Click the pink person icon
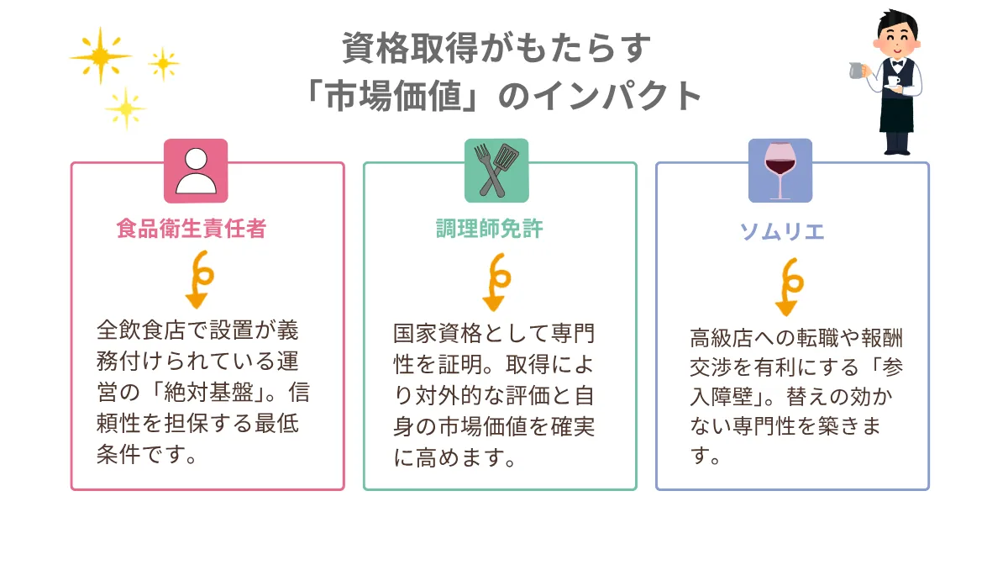pyautogui.click(x=196, y=171)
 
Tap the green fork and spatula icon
pyautogui.click(x=496, y=171)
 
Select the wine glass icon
pyautogui.click(x=780, y=171)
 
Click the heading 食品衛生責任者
pyautogui.click(x=192, y=229)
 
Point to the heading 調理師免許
pyautogui.click(x=490, y=229)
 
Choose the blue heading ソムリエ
pyautogui.click(x=782, y=231)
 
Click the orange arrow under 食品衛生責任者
pyautogui.click(x=199, y=279)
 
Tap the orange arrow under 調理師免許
pyautogui.click(x=496, y=282)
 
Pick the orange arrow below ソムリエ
pyautogui.click(x=789, y=287)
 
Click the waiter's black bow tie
pyautogui.click(x=898, y=64)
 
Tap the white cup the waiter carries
pyautogui.click(x=893, y=82)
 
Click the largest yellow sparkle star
pyautogui.click(x=101, y=55)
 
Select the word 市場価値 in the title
pyautogui.click(x=394, y=96)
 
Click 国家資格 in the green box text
pyautogui.click(x=438, y=334)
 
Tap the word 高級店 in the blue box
pyautogui.click(x=722, y=338)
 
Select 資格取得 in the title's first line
pyautogui.click(x=410, y=48)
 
